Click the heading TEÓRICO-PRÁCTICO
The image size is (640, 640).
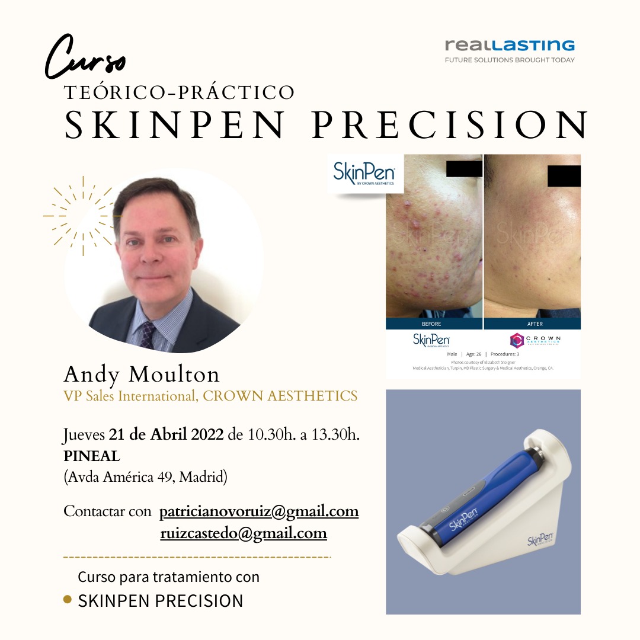(180, 92)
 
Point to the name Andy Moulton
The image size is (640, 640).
(142, 374)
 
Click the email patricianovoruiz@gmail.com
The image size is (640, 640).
(259, 511)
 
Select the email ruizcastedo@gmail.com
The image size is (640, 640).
(244, 533)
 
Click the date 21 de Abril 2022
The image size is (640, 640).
(166, 435)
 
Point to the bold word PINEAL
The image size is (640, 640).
(92, 456)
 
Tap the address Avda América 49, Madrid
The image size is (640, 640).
(145, 477)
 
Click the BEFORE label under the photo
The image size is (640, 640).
(431, 324)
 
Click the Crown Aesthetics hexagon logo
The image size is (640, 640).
(517, 340)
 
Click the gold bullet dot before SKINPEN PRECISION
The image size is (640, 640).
(68, 600)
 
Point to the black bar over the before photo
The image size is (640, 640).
(464, 168)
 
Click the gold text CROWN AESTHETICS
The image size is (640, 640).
(280, 396)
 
